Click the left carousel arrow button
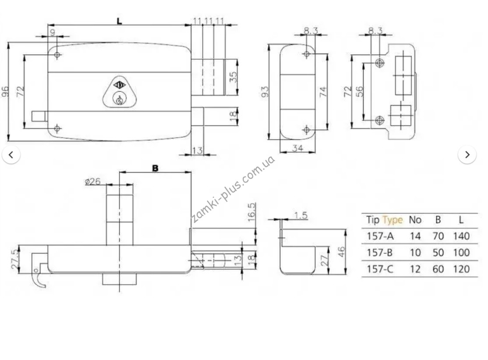(11, 154)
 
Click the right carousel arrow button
(467, 154)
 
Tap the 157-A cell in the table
(380, 236)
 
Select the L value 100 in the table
(461, 253)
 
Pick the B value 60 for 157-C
(438, 269)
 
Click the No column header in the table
(415, 220)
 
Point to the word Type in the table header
(393, 220)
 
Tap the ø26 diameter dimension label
(93, 181)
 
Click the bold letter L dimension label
(120, 21)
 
